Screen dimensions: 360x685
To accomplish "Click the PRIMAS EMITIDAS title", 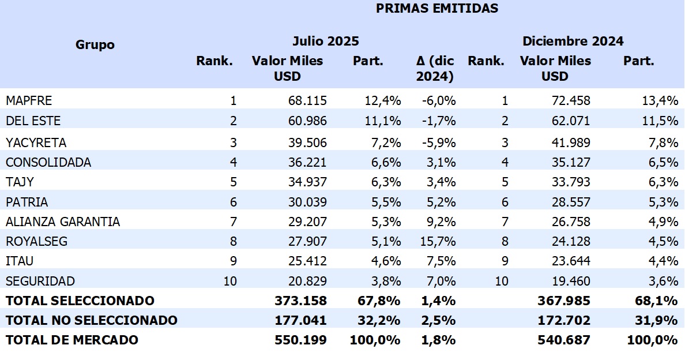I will point(436,9).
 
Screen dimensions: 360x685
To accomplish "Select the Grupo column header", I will point(95,45).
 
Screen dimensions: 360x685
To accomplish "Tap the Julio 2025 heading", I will point(325,42).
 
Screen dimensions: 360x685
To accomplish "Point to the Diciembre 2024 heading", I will point(573,42).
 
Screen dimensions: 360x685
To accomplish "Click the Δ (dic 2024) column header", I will point(435,68).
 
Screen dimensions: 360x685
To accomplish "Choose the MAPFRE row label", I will point(29,101).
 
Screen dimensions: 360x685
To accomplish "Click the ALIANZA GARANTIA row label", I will point(63,222).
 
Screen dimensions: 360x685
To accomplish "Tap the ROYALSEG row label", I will point(36,242).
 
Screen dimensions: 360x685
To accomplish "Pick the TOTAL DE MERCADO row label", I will point(72,340).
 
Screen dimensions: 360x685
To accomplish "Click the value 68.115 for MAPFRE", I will point(307,101).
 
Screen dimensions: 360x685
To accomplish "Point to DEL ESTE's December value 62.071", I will point(571,121).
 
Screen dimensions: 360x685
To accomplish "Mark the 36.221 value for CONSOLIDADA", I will point(307,163).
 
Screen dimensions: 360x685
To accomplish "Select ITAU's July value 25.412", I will point(307,261).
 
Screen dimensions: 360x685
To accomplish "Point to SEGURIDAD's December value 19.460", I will point(571,282).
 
